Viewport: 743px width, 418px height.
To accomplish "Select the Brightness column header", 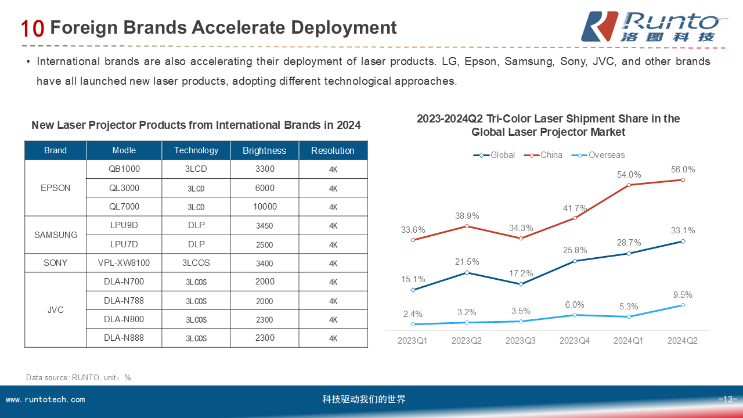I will click(x=264, y=150).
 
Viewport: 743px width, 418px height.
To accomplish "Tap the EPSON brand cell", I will click(x=55, y=188).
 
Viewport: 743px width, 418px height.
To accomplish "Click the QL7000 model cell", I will click(x=124, y=207).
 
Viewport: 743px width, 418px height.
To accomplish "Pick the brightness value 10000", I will click(x=265, y=207).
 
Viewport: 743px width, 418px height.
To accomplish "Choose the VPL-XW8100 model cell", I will click(x=124, y=263).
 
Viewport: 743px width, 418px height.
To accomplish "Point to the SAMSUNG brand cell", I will click(x=55, y=235).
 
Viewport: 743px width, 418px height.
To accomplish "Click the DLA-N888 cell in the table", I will click(x=124, y=338).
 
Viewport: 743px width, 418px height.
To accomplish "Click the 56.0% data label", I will click(x=683, y=170).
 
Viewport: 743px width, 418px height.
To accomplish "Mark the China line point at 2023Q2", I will click(x=467, y=226).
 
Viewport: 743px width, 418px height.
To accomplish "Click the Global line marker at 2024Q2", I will click(x=683, y=242).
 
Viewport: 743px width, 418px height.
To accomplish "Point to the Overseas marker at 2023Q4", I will click(x=575, y=315).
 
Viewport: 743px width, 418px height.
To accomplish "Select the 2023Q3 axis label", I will click(x=521, y=341).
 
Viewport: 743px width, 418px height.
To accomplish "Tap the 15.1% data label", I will click(x=413, y=279).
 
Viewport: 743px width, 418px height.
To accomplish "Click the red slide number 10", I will click(x=33, y=28).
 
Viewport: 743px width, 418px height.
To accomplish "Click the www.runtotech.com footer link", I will click(x=45, y=399).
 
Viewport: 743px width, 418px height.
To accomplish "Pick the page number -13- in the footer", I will click(x=727, y=399).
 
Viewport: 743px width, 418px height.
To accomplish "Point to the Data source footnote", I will click(x=78, y=377).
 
